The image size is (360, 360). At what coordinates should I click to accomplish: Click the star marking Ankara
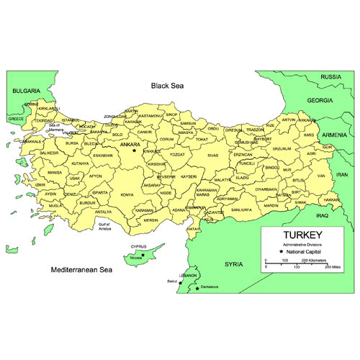(133, 150)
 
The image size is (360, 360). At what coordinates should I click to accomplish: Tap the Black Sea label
(168, 86)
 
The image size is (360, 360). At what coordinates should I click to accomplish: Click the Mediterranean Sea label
(82, 271)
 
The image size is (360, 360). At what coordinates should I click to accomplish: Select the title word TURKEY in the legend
(302, 235)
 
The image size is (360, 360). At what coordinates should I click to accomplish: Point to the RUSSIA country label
(330, 76)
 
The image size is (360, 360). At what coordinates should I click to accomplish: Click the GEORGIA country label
(320, 100)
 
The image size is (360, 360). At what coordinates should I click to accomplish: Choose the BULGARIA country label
(27, 91)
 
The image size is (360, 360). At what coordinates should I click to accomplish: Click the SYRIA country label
(234, 264)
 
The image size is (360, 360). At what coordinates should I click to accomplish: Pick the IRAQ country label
(322, 215)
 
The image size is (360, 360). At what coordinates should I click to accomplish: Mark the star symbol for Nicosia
(143, 255)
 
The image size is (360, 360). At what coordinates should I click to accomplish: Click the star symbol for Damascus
(197, 290)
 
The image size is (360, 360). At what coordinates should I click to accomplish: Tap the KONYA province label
(127, 194)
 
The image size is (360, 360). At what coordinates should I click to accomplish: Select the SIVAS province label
(212, 155)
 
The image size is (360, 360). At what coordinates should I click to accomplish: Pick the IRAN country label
(342, 175)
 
